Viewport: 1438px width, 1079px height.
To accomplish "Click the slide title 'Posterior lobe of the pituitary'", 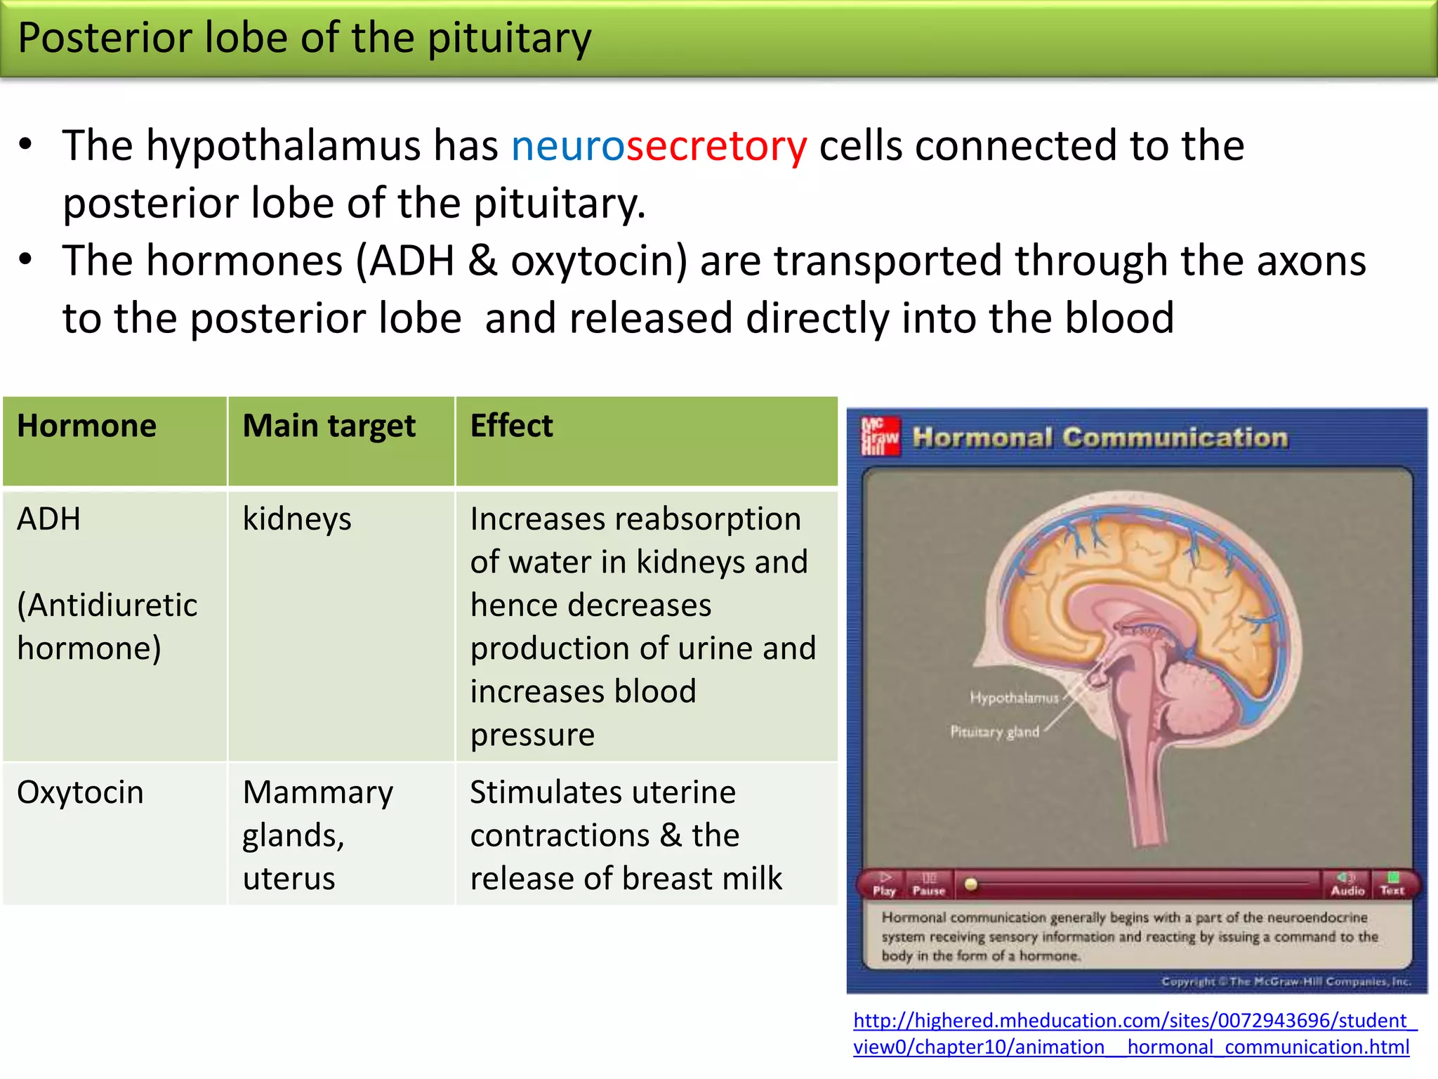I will (304, 38).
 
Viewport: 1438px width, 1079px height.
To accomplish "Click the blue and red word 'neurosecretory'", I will (659, 147).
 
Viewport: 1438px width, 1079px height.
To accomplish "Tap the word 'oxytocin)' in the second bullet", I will (599, 261).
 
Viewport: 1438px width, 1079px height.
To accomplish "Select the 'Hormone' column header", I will (86, 426).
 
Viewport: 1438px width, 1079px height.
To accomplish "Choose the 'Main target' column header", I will (329, 426).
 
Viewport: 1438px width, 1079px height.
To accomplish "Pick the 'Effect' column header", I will (511, 426).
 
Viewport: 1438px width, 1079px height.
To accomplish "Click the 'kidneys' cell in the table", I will (297, 520).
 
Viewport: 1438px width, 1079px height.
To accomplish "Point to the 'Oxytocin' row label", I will (80, 793).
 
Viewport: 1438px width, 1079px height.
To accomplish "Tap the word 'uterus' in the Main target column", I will (289, 879).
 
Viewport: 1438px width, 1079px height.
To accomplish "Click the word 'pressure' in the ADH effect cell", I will (532, 735).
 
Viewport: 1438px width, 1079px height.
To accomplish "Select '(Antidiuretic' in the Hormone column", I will (107, 606).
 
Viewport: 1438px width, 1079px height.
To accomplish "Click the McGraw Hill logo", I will (880, 436).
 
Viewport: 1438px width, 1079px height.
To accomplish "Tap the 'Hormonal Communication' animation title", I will (1100, 438).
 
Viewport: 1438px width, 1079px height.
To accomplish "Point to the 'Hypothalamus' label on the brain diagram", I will (1013, 698).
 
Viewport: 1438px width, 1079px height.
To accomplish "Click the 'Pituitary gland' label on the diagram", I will (994, 732).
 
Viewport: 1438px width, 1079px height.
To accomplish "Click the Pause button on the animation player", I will (928, 884).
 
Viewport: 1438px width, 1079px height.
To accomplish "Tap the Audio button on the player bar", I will (1347, 884).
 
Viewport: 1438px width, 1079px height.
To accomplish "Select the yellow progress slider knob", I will (971, 884).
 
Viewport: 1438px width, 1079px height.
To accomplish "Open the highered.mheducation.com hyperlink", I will (1131, 1033).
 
